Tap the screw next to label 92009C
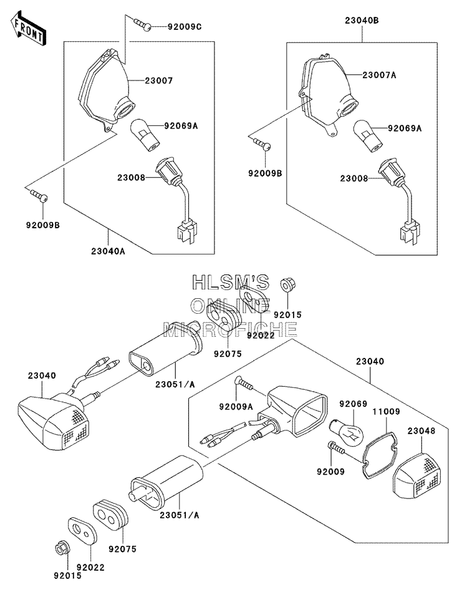coord(142,24)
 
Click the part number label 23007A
coord(379,75)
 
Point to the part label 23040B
coord(362,21)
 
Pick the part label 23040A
coord(108,251)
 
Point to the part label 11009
coord(387,412)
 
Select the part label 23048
coord(421,431)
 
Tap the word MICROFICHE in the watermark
coord(230,329)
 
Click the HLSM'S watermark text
coord(231,282)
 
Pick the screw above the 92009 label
coord(336,449)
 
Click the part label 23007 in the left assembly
coord(158,81)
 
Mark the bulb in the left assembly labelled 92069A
coord(145,135)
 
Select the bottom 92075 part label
coord(122,549)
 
